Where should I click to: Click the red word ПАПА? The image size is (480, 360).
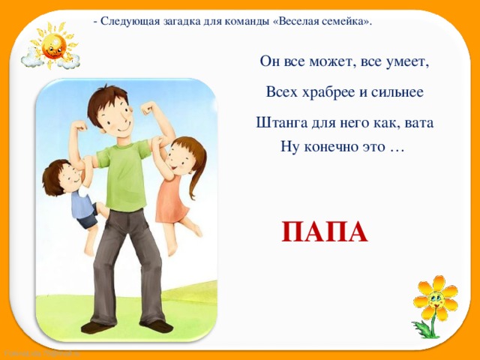[x=325, y=232]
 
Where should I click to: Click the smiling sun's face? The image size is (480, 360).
[x=54, y=46]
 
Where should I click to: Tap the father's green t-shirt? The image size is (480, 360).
[x=124, y=175]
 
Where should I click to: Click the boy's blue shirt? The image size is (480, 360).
[x=81, y=205]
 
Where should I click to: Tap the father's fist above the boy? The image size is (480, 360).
[x=79, y=125]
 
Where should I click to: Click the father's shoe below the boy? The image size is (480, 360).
[x=97, y=327]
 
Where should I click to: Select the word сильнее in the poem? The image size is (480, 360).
[x=397, y=92]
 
